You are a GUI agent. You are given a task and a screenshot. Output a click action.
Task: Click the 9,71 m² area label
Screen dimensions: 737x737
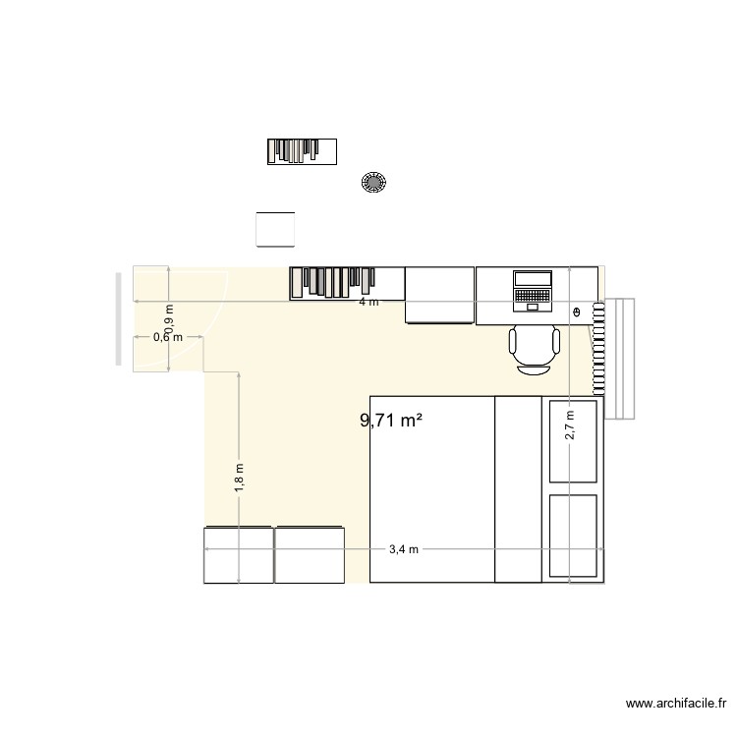pyautogui.click(x=391, y=422)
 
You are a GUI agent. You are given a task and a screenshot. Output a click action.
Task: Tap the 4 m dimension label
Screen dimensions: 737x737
pyautogui.click(x=368, y=303)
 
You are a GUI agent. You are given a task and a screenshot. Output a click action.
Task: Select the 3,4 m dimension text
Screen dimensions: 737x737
pyautogui.click(x=404, y=549)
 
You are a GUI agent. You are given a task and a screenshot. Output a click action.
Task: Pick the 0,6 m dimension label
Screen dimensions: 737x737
pyautogui.click(x=168, y=337)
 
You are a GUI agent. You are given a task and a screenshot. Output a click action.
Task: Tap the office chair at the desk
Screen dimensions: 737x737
pyautogui.click(x=535, y=349)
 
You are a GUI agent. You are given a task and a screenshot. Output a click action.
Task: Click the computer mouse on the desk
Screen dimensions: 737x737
pyautogui.click(x=577, y=312)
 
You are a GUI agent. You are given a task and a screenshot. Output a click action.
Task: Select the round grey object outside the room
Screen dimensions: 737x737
pyautogui.click(x=374, y=182)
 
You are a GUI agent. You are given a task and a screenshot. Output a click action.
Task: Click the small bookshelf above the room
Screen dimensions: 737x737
pyautogui.click(x=302, y=150)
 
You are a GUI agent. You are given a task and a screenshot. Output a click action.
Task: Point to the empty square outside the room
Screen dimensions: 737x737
pyautogui.click(x=275, y=230)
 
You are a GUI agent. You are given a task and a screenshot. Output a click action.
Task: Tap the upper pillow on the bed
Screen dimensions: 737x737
pyautogui.click(x=573, y=441)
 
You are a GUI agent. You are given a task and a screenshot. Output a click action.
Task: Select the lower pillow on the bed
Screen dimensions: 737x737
pyautogui.click(x=573, y=536)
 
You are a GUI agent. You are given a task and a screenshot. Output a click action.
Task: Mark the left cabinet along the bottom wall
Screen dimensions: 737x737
pyautogui.click(x=238, y=555)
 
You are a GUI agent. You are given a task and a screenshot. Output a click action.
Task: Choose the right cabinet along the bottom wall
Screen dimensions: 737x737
pyautogui.click(x=310, y=555)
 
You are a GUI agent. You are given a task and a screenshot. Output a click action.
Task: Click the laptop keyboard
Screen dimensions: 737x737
pyautogui.click(x=533, y=295)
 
